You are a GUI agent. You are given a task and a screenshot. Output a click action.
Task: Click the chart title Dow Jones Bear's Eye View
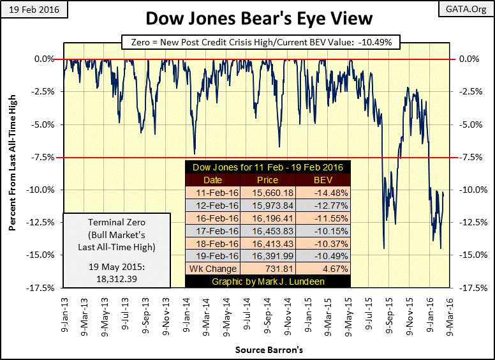click(x=247, y=20)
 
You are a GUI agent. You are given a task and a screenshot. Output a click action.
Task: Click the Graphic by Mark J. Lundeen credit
click(x=267, y=281)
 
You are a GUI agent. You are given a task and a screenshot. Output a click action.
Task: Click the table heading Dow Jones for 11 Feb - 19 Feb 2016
click(x=267, y=167)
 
